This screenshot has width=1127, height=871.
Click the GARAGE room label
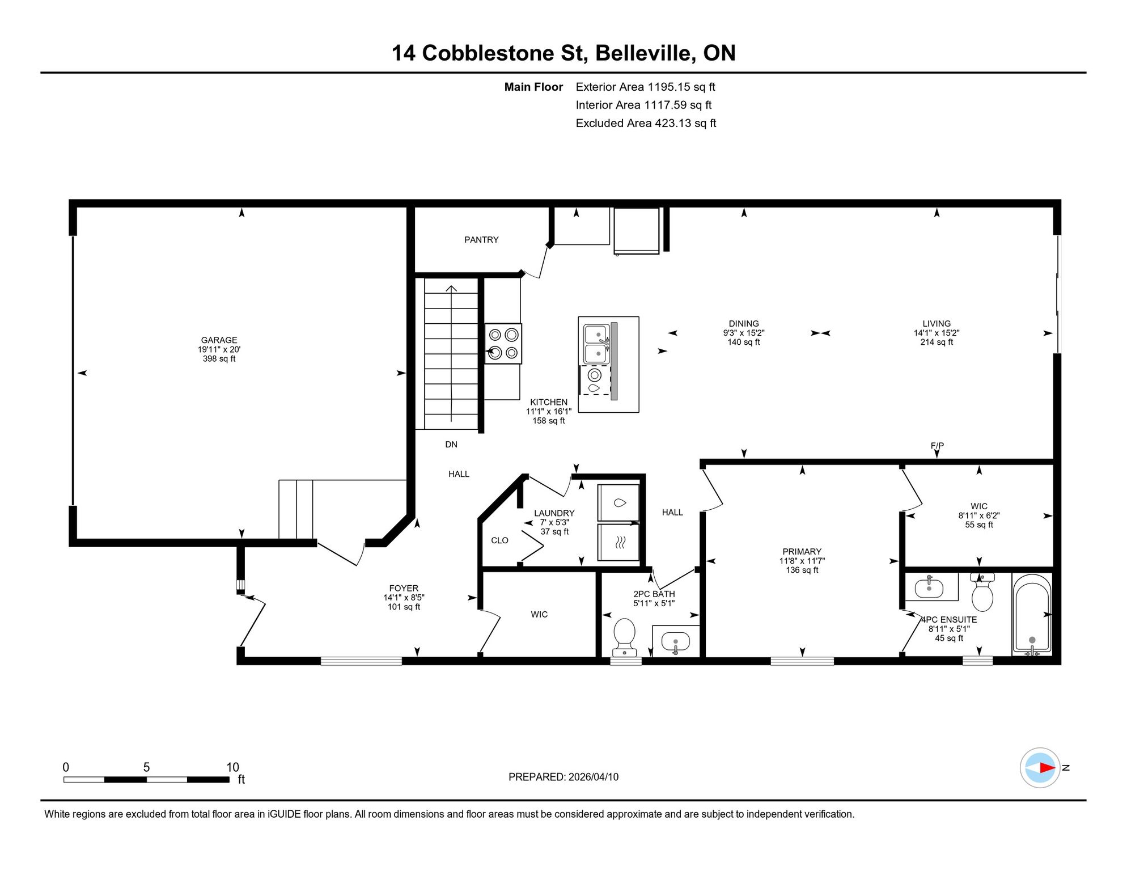point(219,340)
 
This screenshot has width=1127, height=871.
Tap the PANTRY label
point(481,240)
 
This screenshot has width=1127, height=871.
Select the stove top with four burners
point(503,344)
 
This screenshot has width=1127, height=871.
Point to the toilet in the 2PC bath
point(624,636)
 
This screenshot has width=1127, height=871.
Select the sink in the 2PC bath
point(675,642)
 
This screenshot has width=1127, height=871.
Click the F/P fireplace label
point(937,446)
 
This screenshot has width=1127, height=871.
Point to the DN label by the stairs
point(451,445)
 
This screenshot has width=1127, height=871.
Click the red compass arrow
point(1046,768)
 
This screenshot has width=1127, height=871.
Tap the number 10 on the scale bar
point(232,767)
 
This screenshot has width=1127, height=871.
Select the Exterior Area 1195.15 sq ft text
point(645,87)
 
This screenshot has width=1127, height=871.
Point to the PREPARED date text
point(563,777)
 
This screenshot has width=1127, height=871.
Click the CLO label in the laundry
point(499,540)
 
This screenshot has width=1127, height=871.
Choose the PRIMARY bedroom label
point(802,552)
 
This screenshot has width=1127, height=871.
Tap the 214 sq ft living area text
point(937,343)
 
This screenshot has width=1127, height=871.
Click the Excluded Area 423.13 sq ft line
point(646,123)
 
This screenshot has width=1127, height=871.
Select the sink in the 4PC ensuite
point(929,587)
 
